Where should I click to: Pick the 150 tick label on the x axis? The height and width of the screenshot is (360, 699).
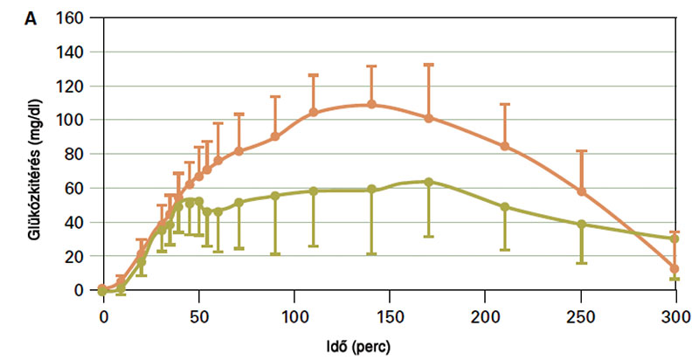(389, 313)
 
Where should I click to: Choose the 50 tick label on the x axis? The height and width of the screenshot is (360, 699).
(198, 313)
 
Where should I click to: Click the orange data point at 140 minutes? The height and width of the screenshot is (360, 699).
(371, 104)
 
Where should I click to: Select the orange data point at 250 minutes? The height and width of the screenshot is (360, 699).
(581, 191)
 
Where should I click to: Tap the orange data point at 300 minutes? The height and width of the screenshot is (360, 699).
(675, 269)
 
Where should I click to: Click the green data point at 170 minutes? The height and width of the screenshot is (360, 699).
(428, 182)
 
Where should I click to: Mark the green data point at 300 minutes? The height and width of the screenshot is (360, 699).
(675, 239)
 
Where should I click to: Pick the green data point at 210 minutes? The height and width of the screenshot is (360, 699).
(504, 207)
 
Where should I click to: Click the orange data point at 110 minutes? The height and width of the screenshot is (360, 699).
(314, 112)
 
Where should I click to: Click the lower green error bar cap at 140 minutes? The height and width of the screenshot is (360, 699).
(371, 253)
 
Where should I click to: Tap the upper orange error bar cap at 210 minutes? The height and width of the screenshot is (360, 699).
(504, 105)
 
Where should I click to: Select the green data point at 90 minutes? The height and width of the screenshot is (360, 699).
(275, 196)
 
